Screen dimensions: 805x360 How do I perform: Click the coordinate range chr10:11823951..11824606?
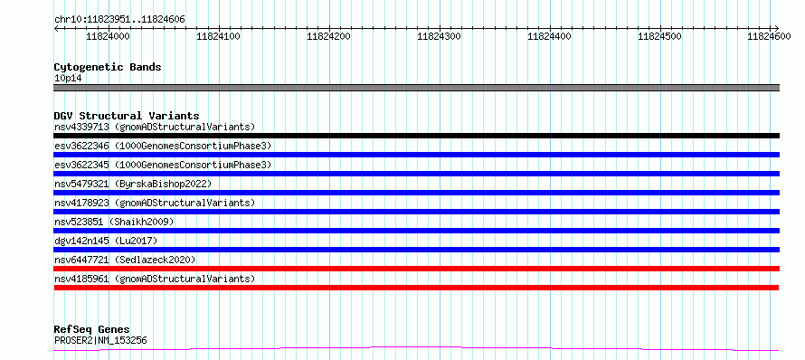point(119,20)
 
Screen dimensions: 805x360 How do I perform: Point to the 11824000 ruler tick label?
point(108,36)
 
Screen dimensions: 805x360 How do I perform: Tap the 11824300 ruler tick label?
point(439,36)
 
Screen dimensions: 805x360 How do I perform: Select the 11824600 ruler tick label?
point(769,36)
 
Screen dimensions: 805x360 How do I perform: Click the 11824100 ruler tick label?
point(219,36)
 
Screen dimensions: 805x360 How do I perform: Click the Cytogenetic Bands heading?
point(108,67)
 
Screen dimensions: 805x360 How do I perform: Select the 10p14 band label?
point(68,79)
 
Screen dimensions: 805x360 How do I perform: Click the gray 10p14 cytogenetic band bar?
point(416,88)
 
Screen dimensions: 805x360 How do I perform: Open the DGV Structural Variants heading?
point(127,116)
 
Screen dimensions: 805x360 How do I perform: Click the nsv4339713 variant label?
point(81,127)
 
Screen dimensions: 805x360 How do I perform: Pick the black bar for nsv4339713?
point(416,136)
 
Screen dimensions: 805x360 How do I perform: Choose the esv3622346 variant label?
point(81,146)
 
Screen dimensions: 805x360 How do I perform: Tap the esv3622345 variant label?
point(81,165)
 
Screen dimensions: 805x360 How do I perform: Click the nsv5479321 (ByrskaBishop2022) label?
point(133,184)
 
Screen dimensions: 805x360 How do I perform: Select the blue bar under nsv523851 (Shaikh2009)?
point(416,231)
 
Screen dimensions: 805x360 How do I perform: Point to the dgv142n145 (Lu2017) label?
point(106,241)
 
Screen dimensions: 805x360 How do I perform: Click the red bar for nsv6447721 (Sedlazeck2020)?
point(416,269)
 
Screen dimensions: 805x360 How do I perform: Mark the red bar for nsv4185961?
point(416,288)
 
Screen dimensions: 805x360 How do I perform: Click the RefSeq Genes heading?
point(91,329)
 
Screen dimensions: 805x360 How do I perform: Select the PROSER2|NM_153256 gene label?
point(101,340)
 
